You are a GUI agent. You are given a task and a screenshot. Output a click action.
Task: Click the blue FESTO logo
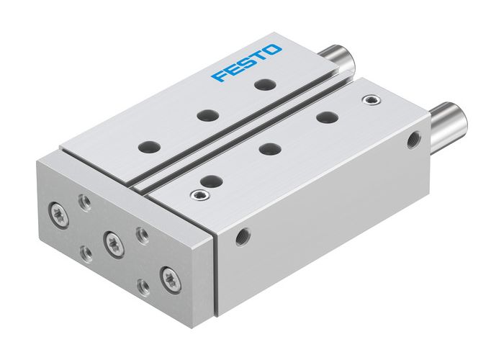pyautogui.click(x=247, y=63)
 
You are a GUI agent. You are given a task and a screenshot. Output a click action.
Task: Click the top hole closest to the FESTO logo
pyautogui.click(x=262, y=84)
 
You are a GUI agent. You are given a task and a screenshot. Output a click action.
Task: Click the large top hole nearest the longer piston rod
pyautogui.click(x=328, y=117)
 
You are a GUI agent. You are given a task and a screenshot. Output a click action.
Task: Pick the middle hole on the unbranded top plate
pyautogui.click(x=269, y=149)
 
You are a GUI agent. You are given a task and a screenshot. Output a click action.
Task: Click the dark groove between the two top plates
pyautogui.click(x=245, y=130)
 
